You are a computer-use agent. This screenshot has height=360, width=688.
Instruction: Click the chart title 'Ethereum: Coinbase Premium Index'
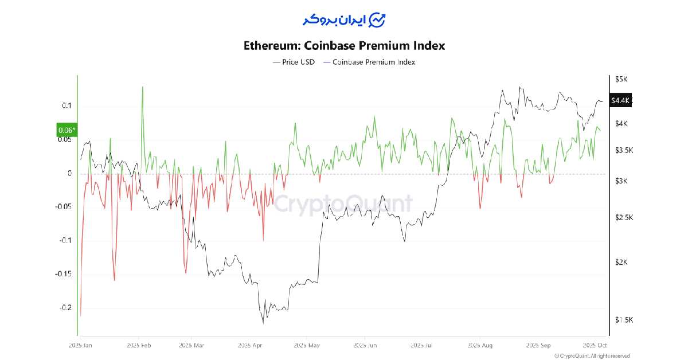click(x=344, y=45)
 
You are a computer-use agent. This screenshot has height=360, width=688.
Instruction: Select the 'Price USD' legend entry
click(x=294, y=62)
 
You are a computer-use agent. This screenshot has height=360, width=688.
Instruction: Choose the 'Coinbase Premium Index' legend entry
click(x=370, y=62)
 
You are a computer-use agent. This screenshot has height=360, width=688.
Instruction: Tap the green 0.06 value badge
click(x=67, y=130)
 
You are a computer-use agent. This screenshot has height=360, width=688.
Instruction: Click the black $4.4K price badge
click(x=620, y=100)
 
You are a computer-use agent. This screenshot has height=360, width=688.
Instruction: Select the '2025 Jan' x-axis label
click(x=80, y=346)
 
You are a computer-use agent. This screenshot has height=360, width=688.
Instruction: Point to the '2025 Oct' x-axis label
click(x=594, y=346)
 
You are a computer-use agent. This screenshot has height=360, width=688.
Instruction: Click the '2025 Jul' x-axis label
click(x=422, y=346)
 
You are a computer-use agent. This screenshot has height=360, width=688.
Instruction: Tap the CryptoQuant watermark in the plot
click(x=343, y=204)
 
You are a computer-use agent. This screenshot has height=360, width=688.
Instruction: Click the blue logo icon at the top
click(x=377, y=19)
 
